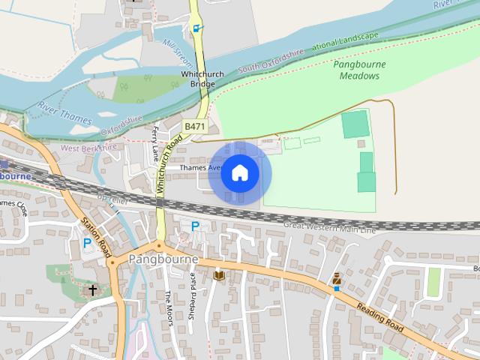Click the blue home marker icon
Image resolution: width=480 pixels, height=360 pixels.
[x=239, y=173]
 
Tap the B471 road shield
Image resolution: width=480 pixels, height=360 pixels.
[x=194, y=127]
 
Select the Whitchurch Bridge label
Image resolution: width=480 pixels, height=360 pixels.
[x=198, y=79]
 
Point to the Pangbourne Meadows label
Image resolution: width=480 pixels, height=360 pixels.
[x=360, y=70]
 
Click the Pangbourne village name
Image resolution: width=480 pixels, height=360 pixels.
[x=163, y=259]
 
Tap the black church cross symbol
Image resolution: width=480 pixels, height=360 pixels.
[x=92, y=289]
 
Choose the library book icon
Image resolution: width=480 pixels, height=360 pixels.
[x=219, y=275]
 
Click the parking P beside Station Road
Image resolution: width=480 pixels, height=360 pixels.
[x=87, y=243]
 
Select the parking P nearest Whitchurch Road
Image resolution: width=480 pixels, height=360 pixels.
[x=195, y=226]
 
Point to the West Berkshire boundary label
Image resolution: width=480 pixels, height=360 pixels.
[x=89, y=148]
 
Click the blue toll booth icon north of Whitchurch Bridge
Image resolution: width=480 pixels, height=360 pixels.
[x=197, y=28]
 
